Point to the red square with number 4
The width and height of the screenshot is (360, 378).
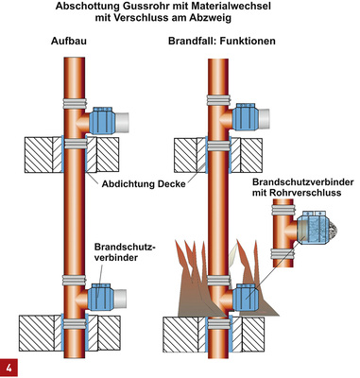pos(10,367)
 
